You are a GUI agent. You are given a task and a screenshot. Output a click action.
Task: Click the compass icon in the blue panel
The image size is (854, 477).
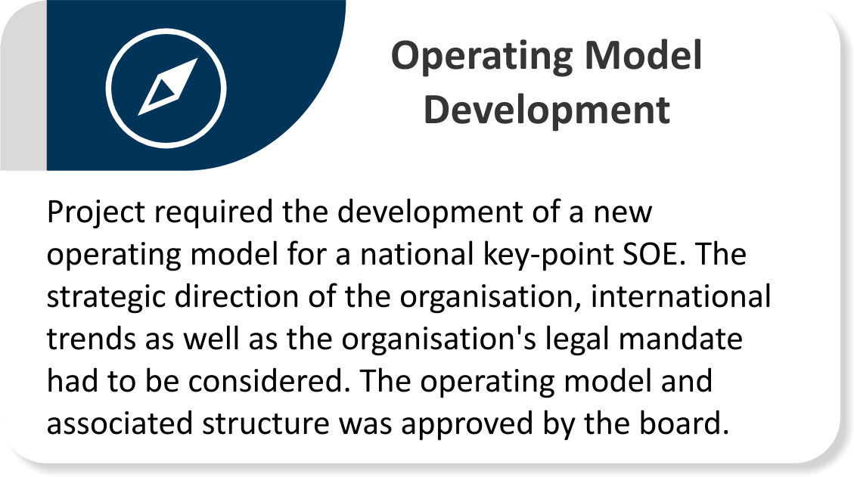(x=166, y=85)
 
